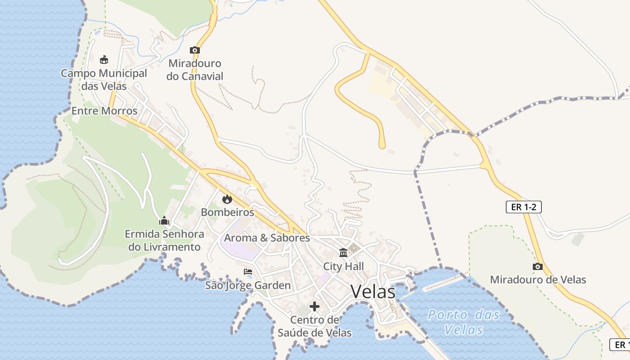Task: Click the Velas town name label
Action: [x=373, y=292]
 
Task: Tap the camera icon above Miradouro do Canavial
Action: [x=195, y=50]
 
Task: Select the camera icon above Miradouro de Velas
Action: [x=537, y=266]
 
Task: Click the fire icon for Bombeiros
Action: [x=227, y=199]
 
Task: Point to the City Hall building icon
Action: [x=343, y=252]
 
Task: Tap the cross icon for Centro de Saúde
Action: [x=315, y=307]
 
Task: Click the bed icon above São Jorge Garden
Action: [x=248, y=272]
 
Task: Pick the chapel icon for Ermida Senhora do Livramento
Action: [x=164, y=220]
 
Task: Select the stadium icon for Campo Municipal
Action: [x=104, y=59]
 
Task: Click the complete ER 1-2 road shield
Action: [x=523, y=207]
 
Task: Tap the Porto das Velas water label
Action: [x=463, y=322]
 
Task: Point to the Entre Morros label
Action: [x=104, y=111]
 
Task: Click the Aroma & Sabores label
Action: [x=267, y=238]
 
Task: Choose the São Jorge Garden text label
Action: [x=248, y=285]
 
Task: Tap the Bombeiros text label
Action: [x=227, y=212]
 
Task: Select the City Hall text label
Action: [x=343, y=266]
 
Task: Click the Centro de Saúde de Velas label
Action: [x=315, y=326]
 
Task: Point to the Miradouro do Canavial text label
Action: [x=195, y=70]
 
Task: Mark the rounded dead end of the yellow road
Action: [x=382, y=145]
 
